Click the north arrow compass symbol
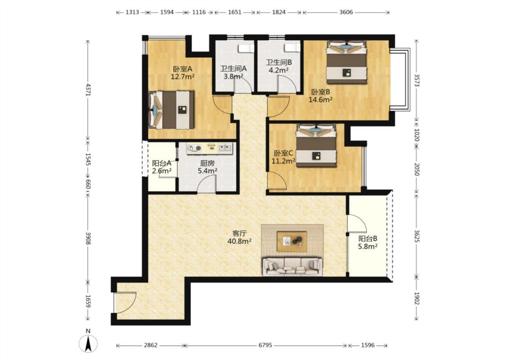88,343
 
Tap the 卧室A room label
183,69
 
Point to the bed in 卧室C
317,145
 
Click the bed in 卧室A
171,110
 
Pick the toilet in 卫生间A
245,49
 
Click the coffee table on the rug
292,242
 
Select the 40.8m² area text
239,241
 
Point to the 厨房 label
207,163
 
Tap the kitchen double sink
225,148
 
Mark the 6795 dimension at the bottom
265,346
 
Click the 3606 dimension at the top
346,12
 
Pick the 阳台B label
368,239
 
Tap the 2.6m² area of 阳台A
161,171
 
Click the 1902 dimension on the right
416,298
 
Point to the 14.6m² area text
320,100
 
